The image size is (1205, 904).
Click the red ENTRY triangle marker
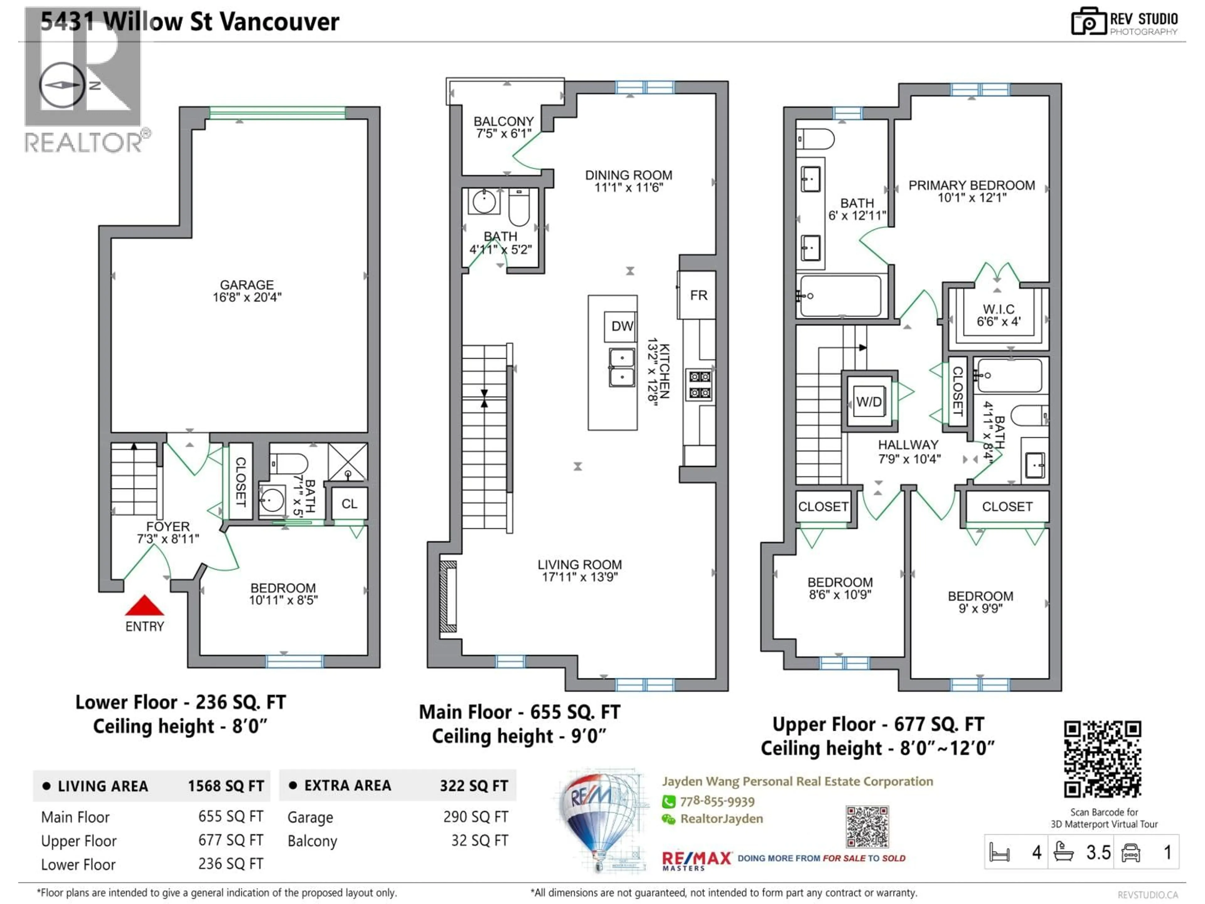144,605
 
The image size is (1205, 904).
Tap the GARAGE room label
247,285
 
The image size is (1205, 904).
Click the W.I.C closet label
999,309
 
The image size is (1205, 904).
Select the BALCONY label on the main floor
503,121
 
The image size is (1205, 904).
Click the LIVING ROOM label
580,564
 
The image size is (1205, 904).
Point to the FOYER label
168,526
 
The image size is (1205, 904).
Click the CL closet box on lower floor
349,503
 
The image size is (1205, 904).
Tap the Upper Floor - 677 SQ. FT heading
878,724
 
